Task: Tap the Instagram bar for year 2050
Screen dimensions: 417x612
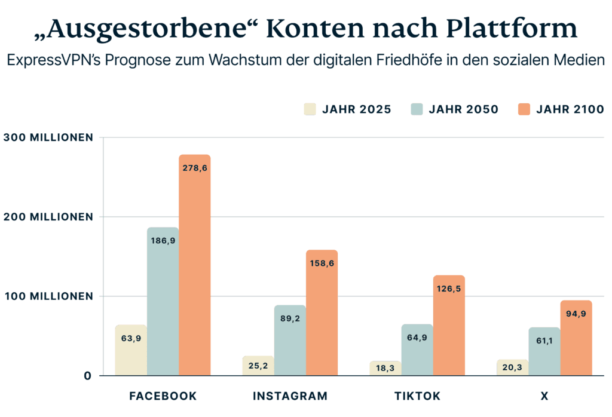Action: tap(289, 341)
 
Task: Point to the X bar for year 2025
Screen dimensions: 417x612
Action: tap(512, 367)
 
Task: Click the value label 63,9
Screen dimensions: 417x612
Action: tap(130, 338)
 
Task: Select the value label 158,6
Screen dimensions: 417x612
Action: tap(322, 263)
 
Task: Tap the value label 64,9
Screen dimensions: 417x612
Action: tap(417, 338)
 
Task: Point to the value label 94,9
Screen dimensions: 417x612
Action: tap(576, 313)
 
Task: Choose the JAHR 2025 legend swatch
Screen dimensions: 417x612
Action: tap(310, 109)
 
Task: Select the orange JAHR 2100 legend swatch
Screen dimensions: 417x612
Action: tap(524, 109)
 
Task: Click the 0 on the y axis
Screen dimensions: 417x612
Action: tap(87, 376)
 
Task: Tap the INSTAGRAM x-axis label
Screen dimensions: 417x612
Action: tap(290, 396)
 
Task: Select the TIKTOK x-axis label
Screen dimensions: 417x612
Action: tap(417, 396)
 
